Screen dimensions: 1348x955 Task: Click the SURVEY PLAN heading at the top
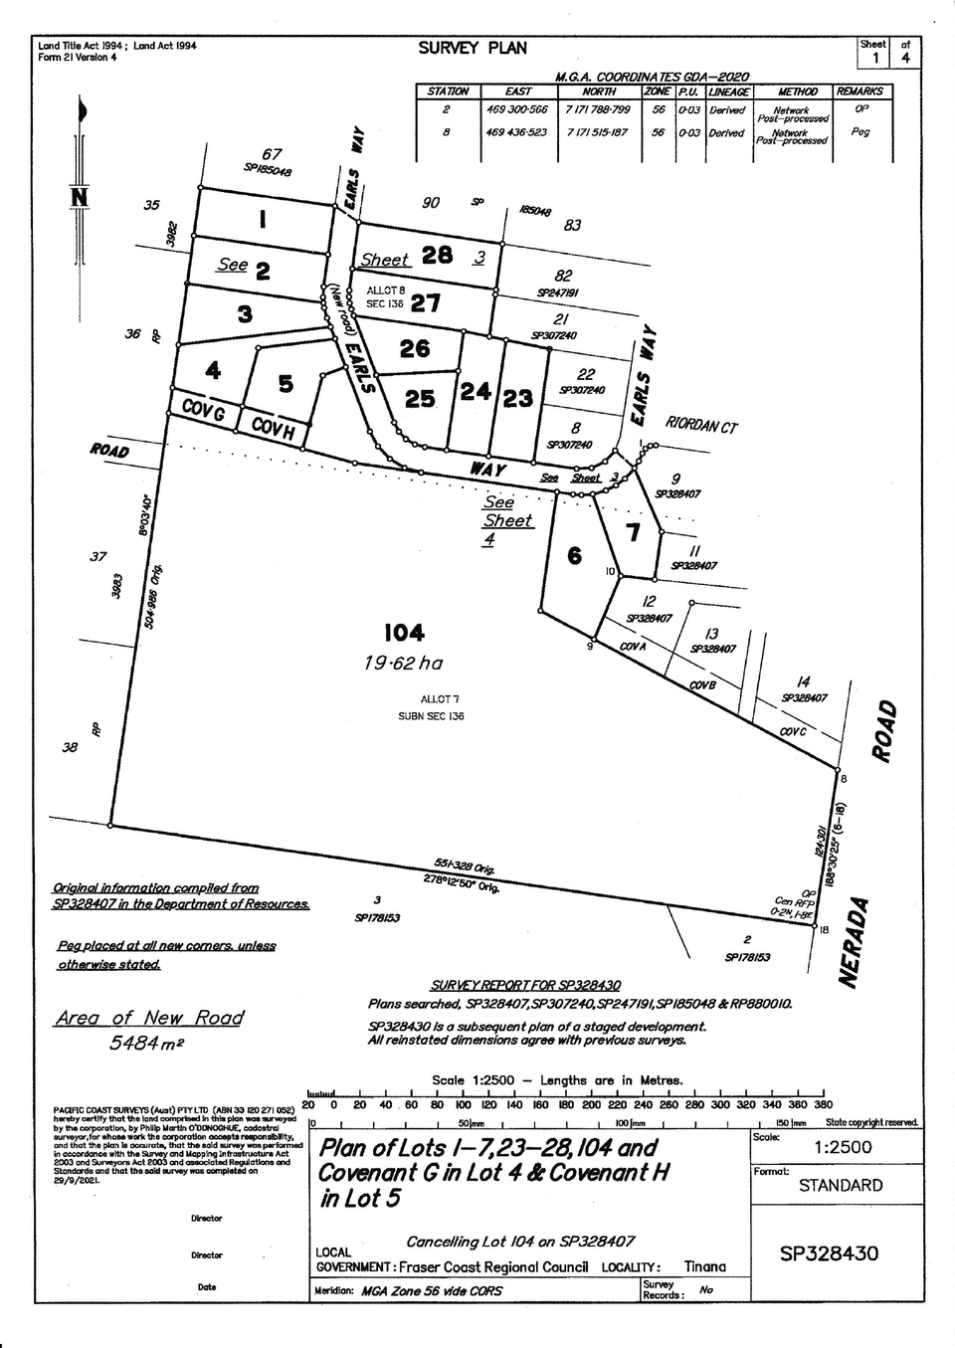tap(472, 48)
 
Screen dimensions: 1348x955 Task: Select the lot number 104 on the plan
tap(404, 633)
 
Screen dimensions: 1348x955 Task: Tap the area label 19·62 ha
tap(403, 664)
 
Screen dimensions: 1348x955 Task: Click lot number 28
tap(438, 255)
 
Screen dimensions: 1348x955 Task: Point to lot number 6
tap(574, 555)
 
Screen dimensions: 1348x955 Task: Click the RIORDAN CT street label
tap(701, 425)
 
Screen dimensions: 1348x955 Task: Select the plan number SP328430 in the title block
tap(829, 1253)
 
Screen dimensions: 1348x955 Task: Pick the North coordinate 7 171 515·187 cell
tap(597, 132)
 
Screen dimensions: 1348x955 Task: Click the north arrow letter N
tap(80, 198)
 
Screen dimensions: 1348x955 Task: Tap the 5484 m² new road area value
tap(147, 1043)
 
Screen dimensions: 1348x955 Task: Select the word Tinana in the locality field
tap(704, 1266)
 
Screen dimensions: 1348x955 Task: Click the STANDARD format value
tap(840, 1185)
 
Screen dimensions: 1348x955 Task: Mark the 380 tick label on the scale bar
tap(823, 1104)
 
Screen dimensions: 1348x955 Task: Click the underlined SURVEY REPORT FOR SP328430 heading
tap(525, 986)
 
